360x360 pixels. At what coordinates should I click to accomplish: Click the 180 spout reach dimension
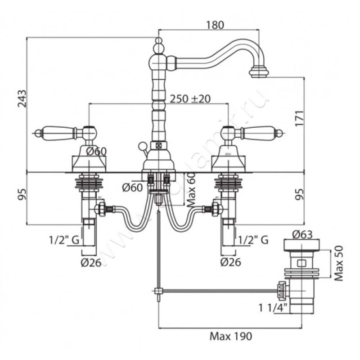pos(215,25)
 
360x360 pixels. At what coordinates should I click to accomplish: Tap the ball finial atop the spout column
pos(158,44)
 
